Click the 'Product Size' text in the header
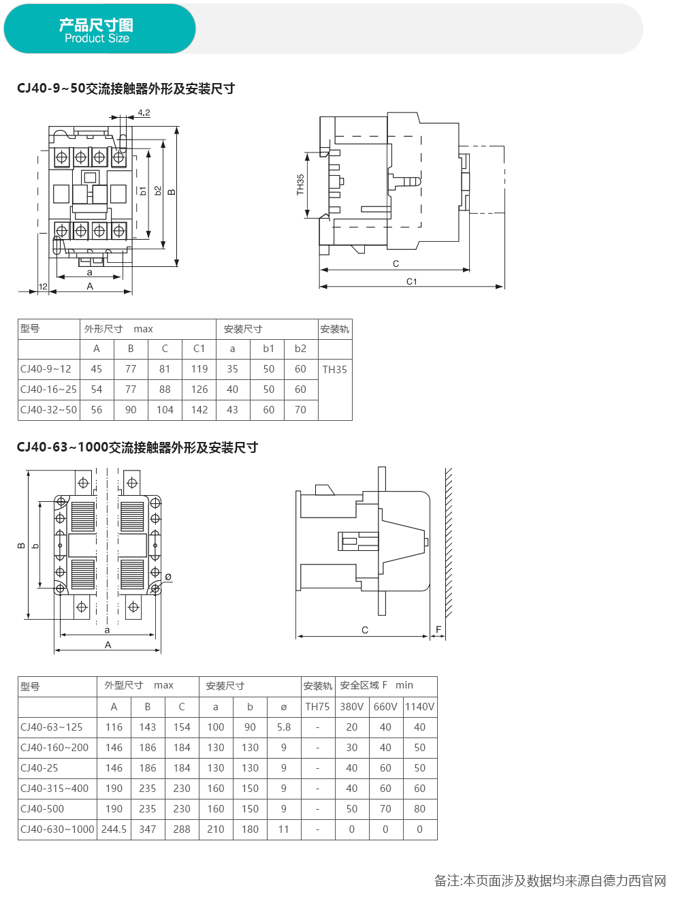(x=97, y=38)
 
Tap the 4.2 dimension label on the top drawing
(x=144, y=112)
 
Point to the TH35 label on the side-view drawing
(x=300, y=185)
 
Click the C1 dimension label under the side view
(x=412, y=281)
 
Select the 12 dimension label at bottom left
(x=43, y=286)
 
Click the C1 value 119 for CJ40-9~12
(x=199, y=369)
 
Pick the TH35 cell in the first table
(x=334, y=369)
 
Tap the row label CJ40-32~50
(x=48, y=410)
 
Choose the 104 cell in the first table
(x=165, y=410)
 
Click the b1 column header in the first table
(x=268, y=349)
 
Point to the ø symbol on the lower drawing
(x=168, y=577)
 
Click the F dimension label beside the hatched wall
(x=438, y=629)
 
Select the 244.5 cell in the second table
(x=114, y=829)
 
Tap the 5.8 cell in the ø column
(x=284, y=727)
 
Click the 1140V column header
(x=419, y=706)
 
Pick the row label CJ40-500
(x=42, y=808)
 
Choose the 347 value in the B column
(x=147, y=829)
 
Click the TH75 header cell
(x=317, y=706)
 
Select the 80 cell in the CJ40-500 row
(x=419, y=808)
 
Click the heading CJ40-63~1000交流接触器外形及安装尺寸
(x=138, y=447)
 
